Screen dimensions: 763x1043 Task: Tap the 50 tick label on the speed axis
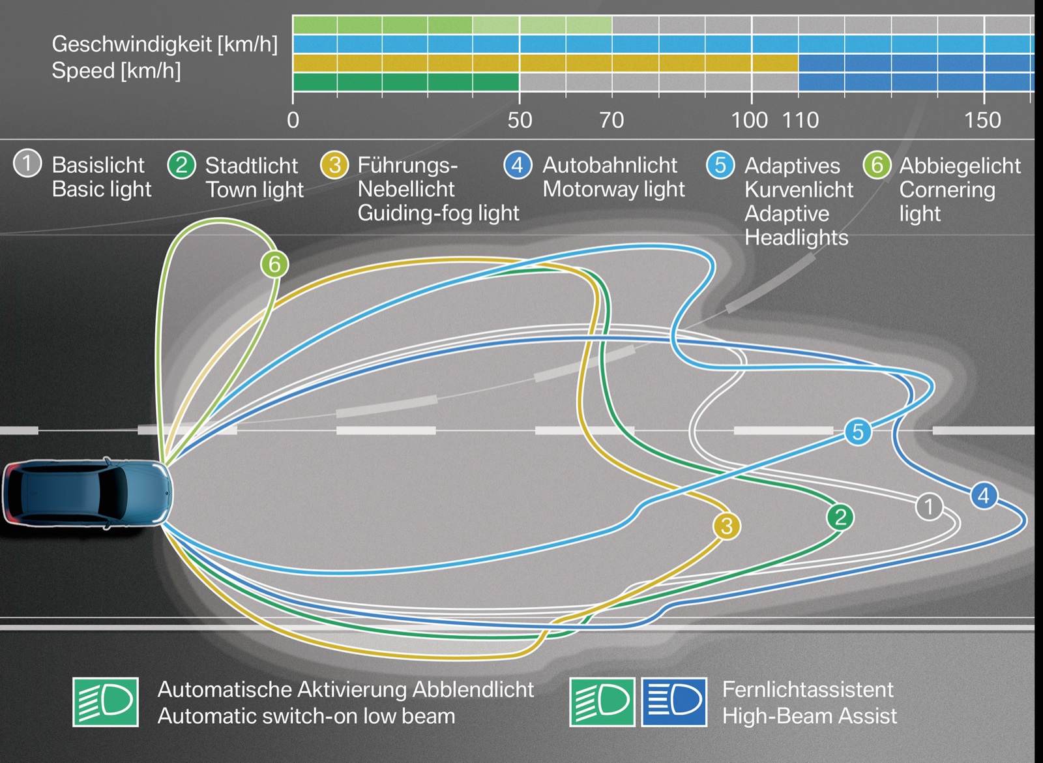(520, 121)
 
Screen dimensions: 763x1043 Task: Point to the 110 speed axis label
(801, 121)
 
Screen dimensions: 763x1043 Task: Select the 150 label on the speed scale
(982, 121)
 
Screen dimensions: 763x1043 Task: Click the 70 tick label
(611, 121)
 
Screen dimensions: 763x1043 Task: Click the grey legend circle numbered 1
(27, 164)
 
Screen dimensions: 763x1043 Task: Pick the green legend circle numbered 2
(181, 165)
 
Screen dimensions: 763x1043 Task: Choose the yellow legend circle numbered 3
(334, 165)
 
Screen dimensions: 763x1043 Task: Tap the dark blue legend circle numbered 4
(518, 164)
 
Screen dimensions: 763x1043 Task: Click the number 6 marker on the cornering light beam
(274, 264)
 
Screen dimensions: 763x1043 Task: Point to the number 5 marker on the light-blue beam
(858, 432)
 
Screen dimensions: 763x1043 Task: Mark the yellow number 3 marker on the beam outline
(727, 526)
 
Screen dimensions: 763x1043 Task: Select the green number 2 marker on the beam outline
(840, 517)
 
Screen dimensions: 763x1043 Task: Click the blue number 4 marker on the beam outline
(984, 496)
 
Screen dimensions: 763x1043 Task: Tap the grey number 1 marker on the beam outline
(929, 507)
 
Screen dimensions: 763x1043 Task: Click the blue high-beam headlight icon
(674, 702)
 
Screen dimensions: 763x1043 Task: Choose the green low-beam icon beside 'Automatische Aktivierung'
(106, 702)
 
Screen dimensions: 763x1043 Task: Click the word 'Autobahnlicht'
(610, 165)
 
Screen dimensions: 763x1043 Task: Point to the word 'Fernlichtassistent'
(807, 689)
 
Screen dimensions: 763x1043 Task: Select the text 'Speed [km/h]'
(116, 70)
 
